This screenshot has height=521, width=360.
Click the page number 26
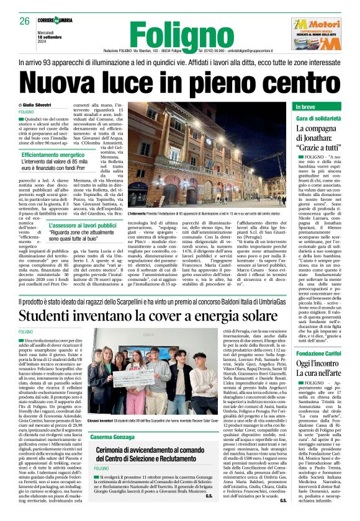[x=25, y=21]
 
